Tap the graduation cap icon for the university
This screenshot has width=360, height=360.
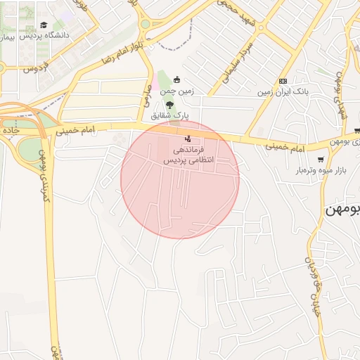click(44, 25)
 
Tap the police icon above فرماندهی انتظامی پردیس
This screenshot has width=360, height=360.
click(187, 138)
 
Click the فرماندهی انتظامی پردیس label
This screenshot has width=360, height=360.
click(188, 155)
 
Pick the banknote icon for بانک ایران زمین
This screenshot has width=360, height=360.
click(283, 81)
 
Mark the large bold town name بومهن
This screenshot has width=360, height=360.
click(342, 211)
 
